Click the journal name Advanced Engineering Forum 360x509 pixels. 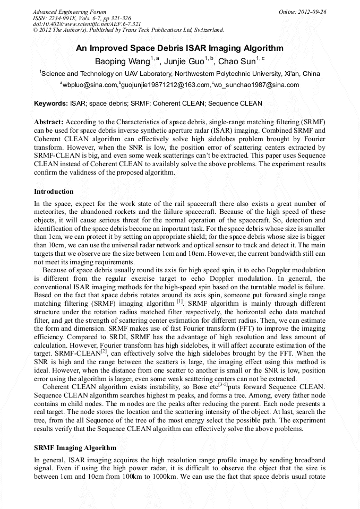pos(70,12)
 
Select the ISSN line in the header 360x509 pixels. pos(82,18)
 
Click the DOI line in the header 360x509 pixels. pos(87,24)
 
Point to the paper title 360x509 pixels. pos(179,48)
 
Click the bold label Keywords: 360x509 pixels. pos(50,103)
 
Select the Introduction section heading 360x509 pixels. pos(54,191)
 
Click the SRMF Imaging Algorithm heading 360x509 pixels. pos(75,448)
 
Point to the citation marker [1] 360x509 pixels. pos(179,300)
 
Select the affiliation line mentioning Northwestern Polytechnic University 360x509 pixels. pos(179,74)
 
